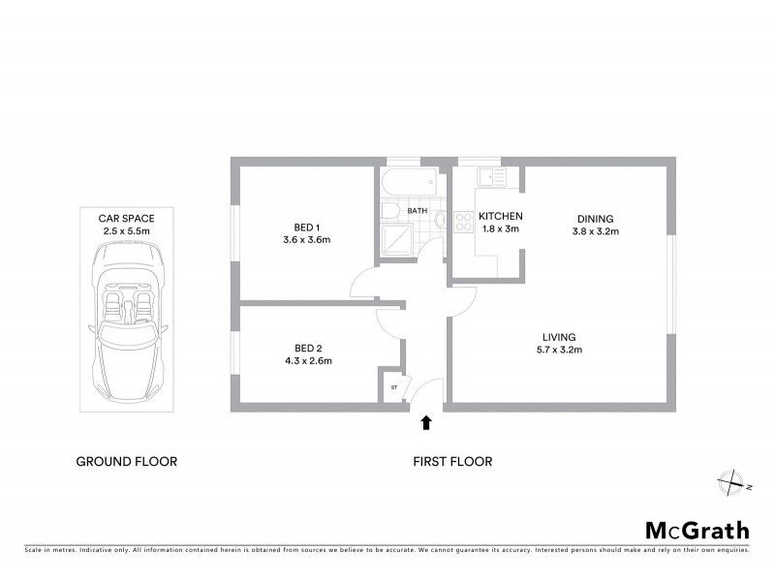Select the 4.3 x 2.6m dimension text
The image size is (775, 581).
pos(307,361)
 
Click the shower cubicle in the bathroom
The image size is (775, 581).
pos(397,240)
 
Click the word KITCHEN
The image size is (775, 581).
pos(502,216)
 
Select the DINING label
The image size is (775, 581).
pos(595,219)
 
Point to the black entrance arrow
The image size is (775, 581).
pos(425,422)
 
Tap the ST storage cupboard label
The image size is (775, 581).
pos(394,387)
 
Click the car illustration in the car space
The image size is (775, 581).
pos(127,321)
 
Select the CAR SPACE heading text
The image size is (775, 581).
pos(127,219)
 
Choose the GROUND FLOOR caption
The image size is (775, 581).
pos(127,462)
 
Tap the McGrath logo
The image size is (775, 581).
pos(697,530)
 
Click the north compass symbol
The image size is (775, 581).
pos(728,480)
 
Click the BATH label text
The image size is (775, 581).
pos(418,210)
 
